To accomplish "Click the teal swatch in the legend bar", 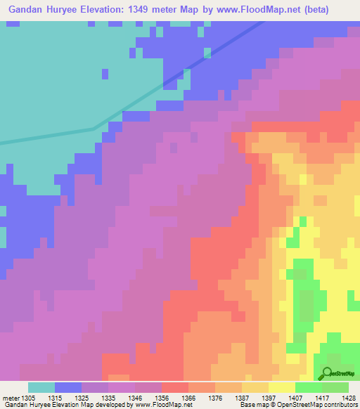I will pyautogui.click(x=41, y=387).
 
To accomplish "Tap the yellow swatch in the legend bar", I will pyautogui.click(x=282, y=387).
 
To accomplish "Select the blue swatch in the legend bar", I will pyautogui.click(x=68, y=387).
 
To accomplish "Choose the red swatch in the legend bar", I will pyautogui.click(x=175, y=387).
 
